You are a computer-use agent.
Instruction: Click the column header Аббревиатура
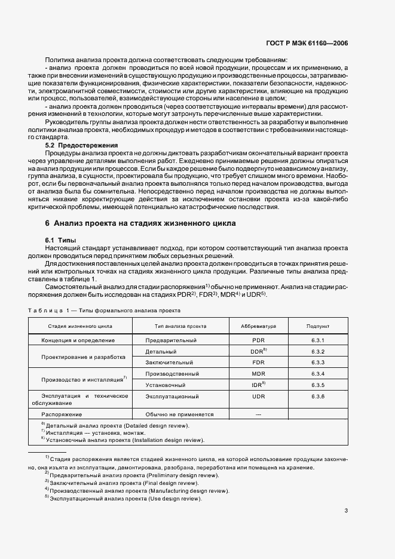pos(258,327)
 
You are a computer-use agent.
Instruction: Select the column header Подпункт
pos(317,327)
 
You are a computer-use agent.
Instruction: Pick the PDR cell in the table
pos(258,340)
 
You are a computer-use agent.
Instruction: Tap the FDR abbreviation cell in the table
pos(258,363)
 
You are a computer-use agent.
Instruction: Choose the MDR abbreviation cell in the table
pos(258,374)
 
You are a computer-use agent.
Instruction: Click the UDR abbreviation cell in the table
pos(258,397)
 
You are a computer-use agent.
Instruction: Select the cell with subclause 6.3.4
pos(317,374)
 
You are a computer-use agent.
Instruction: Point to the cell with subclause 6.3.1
pos(317,340)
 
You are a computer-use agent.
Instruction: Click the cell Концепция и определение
pos(78,340)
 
